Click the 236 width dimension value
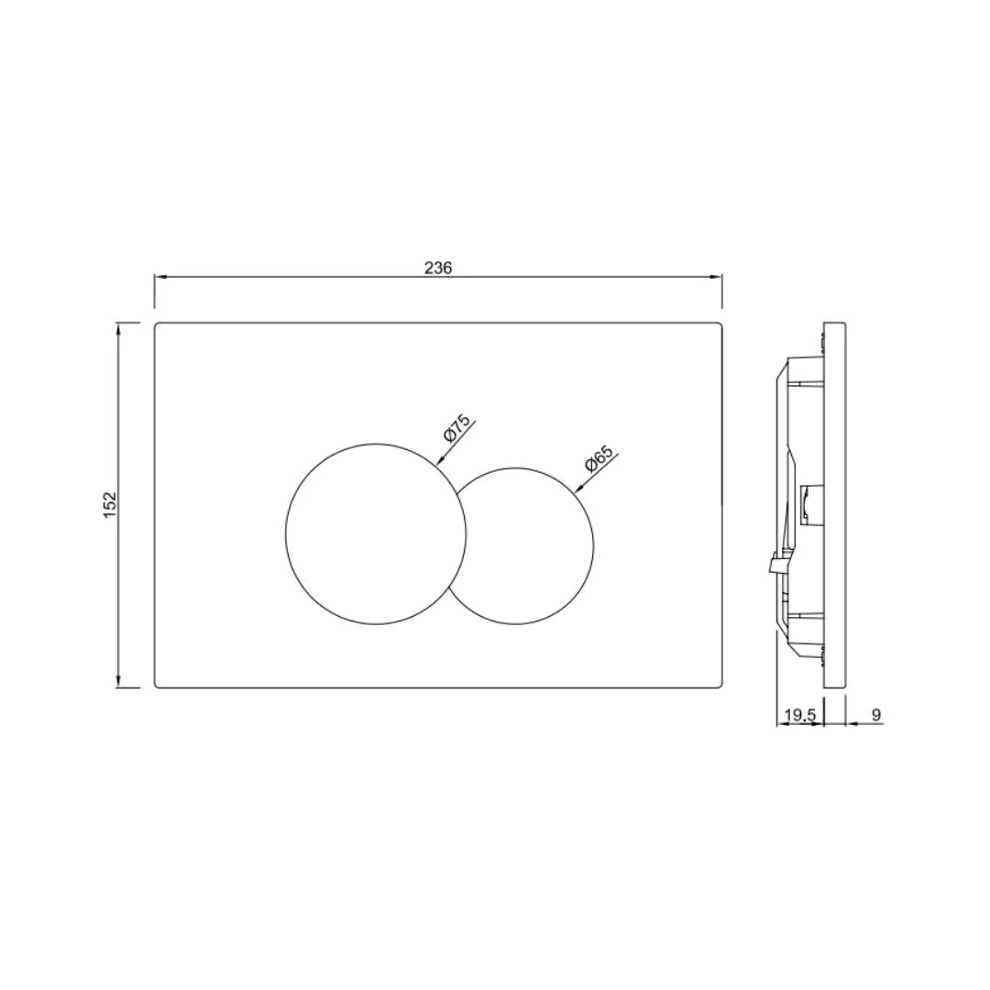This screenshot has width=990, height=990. (x=438, y=268)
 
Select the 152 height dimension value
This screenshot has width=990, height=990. (x=110, y=504)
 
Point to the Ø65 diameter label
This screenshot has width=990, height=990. (x=599, y=459)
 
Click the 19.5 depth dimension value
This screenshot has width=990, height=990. (x=799, y=715)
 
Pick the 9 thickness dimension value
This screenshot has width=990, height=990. (x=875, y=714)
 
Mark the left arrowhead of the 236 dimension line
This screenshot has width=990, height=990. (x=159, y=276)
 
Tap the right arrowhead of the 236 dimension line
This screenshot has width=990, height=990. (x=718, y=276)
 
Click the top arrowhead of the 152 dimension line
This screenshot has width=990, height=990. (x=118, y=327)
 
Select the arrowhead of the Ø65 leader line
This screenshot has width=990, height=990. (x=577, y=491)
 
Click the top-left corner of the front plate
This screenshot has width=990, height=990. (x=156, y=324)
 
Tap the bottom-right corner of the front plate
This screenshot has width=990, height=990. (x=720, y=686)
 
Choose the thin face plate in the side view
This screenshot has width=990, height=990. (x=834, y=504)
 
